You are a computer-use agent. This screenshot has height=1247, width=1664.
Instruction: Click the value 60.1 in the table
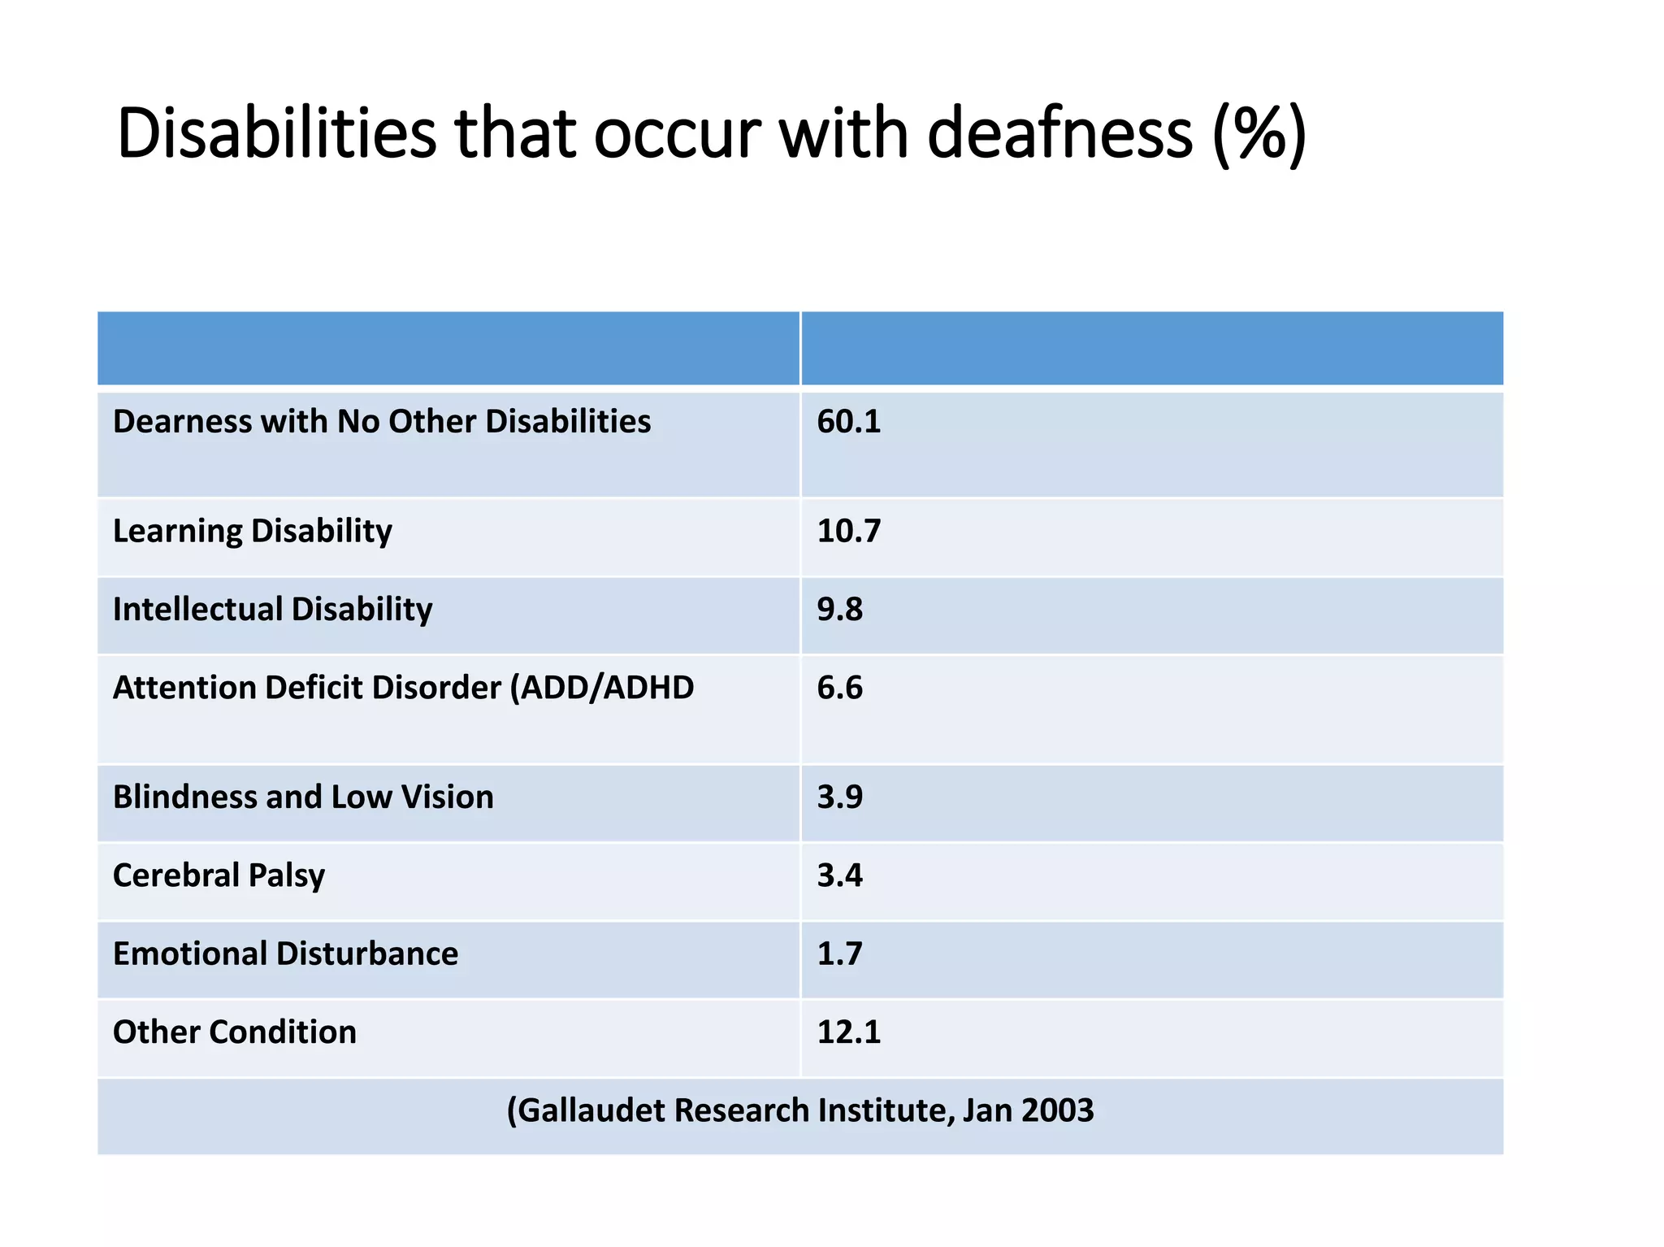click(x=848, y=422)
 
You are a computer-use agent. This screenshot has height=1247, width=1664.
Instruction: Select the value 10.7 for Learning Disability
click(x=848, y=531)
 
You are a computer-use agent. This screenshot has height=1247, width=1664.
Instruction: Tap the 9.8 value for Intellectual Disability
click(x=839, y=609)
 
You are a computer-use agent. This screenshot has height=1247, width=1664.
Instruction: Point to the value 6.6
click(x=839, y=688)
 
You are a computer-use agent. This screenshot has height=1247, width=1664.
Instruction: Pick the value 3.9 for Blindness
click(x=839, y=797)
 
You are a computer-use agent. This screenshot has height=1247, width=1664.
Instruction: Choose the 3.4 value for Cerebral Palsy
click(x=839, y=876)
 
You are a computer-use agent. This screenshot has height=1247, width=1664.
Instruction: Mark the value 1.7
click(x=839, y=954)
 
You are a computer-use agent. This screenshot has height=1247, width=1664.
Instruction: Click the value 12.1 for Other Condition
click(x=848, y=1032)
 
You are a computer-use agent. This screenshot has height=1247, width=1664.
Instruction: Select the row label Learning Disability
click(x=252, y=532)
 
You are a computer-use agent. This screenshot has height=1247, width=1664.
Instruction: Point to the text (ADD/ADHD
click(x=601, y=688)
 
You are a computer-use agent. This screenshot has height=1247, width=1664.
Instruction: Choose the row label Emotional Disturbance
click(x=285, y=954)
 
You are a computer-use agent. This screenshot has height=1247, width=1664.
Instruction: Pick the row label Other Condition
click(x=234, y=1032)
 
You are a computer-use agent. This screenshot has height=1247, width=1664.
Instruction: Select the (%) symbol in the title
click(x=1259, y=134)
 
